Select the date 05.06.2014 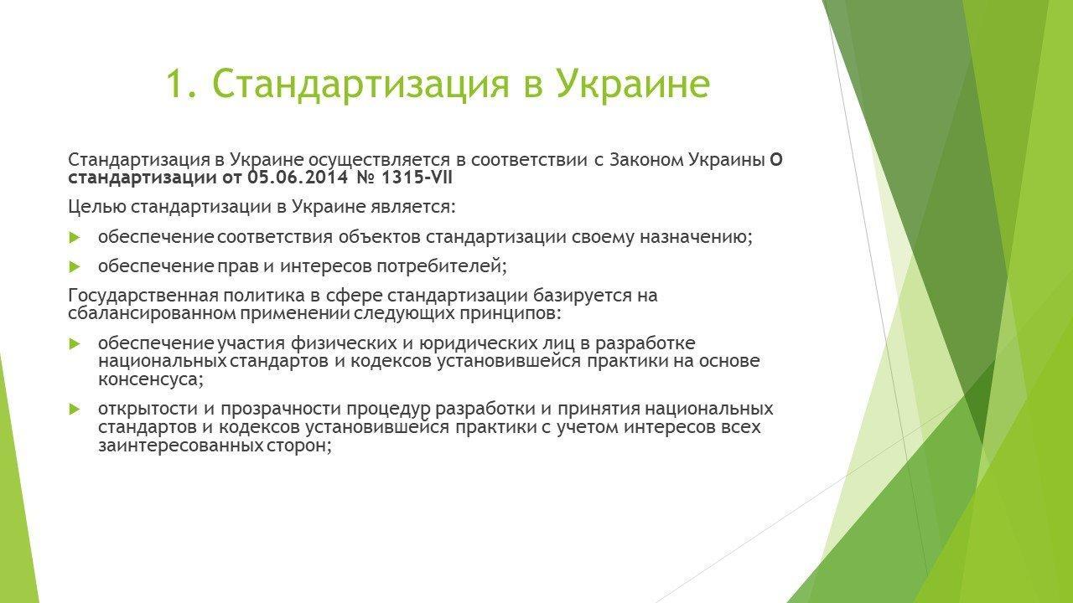tap(298, 178)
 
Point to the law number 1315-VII tap(417, 178)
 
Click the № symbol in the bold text tap(365, 178)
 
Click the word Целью tap(96, 207)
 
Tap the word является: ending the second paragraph tap(411, 207)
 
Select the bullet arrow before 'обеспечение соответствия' tap(75, 237)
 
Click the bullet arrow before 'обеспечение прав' tap(75, 266)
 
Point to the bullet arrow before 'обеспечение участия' tap(75, 343)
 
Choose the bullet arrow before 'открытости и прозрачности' tap(75, 410)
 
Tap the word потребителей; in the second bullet tap(441, 266)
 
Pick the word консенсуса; tap(151, 380)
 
